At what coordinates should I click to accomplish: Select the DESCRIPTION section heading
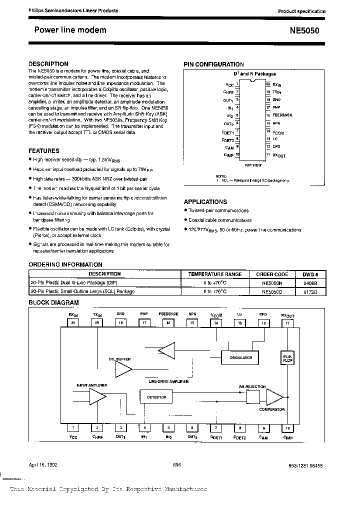click(x=48, y=64)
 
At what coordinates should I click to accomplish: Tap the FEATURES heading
click(x=44, y=150)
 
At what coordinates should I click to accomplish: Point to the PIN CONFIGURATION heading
click(x=213, y=64)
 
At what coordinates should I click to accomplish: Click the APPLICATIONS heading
click(x=205, y=202)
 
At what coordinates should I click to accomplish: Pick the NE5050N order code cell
click(x=268, y=282)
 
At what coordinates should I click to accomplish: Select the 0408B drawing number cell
click(x=310, y=282)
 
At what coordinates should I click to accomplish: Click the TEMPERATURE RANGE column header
click(x=214, y=274)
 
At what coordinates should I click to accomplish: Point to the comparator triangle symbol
click(x=274, y=397)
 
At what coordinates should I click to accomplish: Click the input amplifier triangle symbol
click(x=96, y=396)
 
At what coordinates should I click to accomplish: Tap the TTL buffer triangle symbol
click(x=124, y=369)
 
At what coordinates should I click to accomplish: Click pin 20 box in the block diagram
click(x=73, y=323)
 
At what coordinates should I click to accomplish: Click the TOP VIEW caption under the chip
click(x=253, y=164)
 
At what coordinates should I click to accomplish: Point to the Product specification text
click(x=301, y=11)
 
